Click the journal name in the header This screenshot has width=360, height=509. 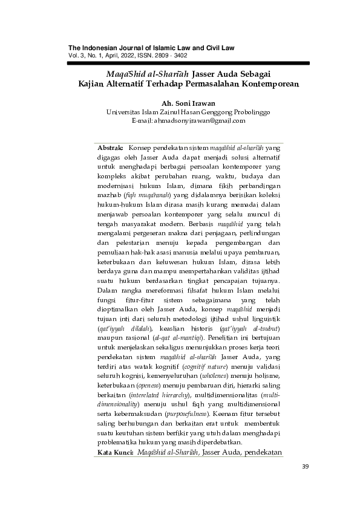click(x=151, y=48)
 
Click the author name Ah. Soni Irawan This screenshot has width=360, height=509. click(x=188, y=102)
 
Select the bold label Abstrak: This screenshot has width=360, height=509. click(x=110, y=147)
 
